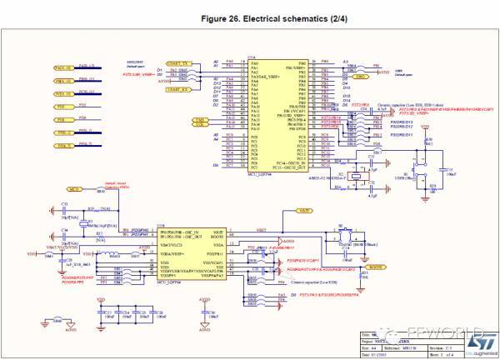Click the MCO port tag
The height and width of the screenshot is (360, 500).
(x=73, y=191)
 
